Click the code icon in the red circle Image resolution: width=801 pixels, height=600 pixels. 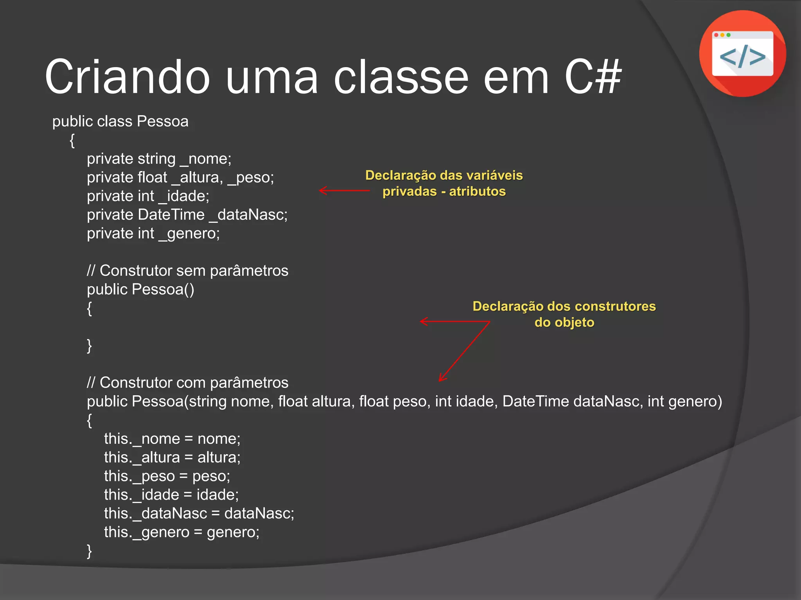[742, 54]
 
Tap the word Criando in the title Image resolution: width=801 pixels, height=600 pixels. [128, 77]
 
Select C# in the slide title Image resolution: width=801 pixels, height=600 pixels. [593, 77]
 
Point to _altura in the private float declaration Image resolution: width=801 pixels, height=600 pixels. [197, 178]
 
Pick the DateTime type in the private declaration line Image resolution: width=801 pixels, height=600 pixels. [171, 215]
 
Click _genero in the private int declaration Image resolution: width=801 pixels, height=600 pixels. [189, 234]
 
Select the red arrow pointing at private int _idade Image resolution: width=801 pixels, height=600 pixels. [344, 191]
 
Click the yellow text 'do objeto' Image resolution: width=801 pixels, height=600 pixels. [564, 323]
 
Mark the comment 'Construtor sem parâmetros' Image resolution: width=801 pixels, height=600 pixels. [187, 271]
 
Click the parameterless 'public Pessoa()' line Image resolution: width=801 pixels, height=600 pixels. [140, 289]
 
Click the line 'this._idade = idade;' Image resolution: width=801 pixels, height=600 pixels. [171, 495]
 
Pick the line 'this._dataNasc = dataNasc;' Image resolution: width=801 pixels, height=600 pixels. [199, 514]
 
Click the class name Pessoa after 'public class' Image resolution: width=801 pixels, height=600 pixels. [162, 121]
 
